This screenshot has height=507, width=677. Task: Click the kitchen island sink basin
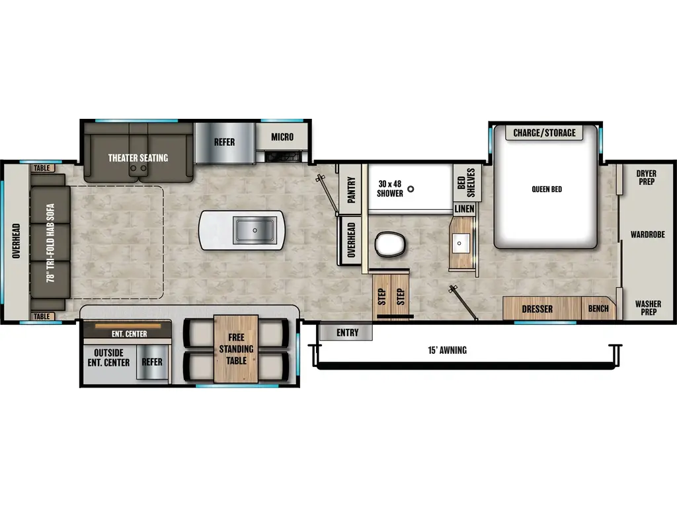(255, 230)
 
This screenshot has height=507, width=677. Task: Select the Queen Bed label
(547, 189)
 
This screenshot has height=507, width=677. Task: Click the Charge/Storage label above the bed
(544, 133)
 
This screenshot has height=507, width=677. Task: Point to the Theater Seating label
(138, 158)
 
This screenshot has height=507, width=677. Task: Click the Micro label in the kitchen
(282, 137)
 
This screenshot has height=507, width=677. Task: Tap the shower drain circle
(411, 189)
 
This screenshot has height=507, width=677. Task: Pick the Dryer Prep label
(646, 177)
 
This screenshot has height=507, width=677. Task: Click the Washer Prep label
(647, 308)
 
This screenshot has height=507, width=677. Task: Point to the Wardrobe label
(647, 234)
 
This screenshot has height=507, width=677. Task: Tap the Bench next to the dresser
(598, 308)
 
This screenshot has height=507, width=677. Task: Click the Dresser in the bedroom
(537, 308)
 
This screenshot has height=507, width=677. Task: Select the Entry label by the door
(346, 332)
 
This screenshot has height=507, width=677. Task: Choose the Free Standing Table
(236, 349)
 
